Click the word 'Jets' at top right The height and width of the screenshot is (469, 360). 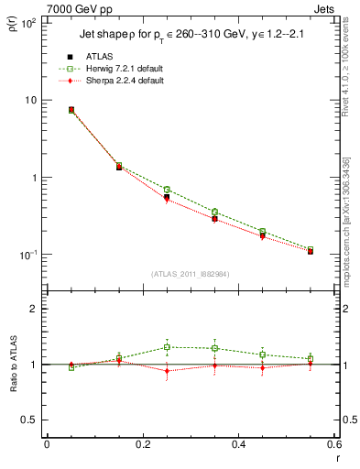coord(324,8)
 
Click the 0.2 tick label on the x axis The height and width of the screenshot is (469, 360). coord(142,444)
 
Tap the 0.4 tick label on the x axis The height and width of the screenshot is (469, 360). coord(238,444)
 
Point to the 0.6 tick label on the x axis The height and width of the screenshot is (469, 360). coord(334,444)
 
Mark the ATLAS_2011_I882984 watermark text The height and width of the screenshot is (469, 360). coord(190,275)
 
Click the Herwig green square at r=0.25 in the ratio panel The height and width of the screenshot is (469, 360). coord(167,347)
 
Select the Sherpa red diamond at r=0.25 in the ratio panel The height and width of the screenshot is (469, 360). coord(167,371)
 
